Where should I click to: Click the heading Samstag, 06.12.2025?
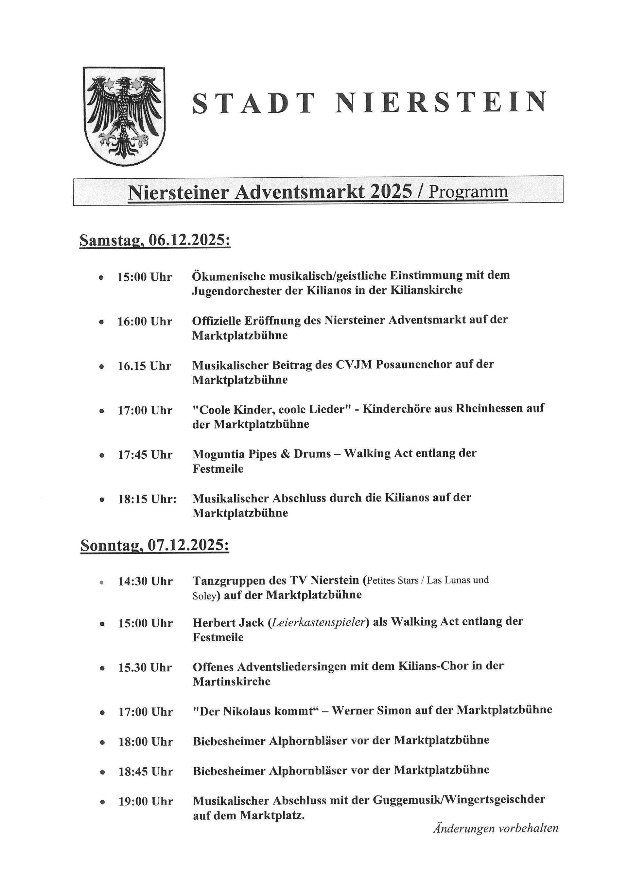[155, 240]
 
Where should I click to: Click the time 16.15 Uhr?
[144, 366]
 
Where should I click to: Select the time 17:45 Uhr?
[145, 455]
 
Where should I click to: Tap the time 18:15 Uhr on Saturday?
[147, 499]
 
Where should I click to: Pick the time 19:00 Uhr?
[146, 802]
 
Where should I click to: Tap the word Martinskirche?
[232, 682]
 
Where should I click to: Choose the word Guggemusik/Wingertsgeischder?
[459, 800]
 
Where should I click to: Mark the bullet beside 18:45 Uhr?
[102, 772]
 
